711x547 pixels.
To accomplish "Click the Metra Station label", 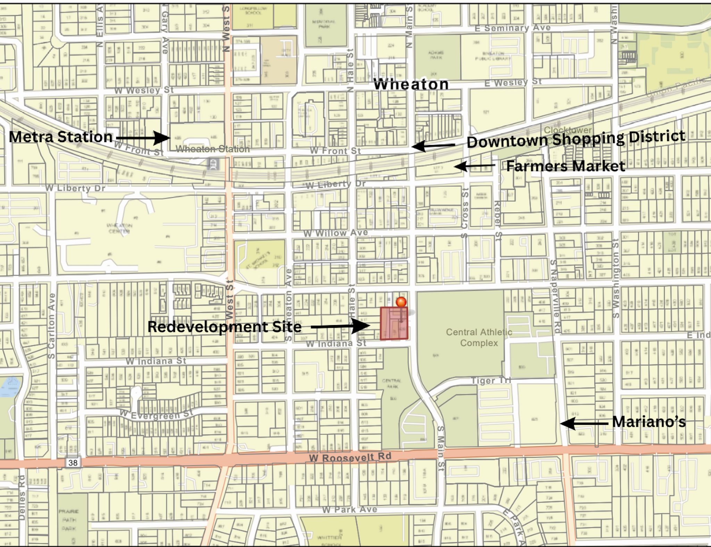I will [x=61, y=137].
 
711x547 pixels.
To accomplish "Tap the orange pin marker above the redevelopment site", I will [x=401, y=302].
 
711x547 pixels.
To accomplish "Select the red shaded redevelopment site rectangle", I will [x=394, y=324].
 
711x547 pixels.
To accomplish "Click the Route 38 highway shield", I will [x=73, y=463].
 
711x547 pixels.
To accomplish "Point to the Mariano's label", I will [x=649, y=422].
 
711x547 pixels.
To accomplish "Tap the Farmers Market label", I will [x=566, y=166].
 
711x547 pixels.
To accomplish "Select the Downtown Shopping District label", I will [x=576, y=139].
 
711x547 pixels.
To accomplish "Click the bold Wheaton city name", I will [x=411, y=84].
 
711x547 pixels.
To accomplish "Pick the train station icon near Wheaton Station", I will [x=214, y=164].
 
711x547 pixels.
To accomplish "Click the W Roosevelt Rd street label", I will [x=350, y=457].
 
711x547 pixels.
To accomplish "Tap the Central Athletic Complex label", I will [x=479, y=338].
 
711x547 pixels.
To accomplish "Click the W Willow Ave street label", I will [x=335, y=233].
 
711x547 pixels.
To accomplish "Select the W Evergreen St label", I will [x=156, y=414].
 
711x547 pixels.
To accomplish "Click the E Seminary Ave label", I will [x=512, y=28].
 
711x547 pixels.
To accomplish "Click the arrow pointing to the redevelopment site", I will [x=340, y=326].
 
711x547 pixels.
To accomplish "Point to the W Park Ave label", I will [x=350, y=509].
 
